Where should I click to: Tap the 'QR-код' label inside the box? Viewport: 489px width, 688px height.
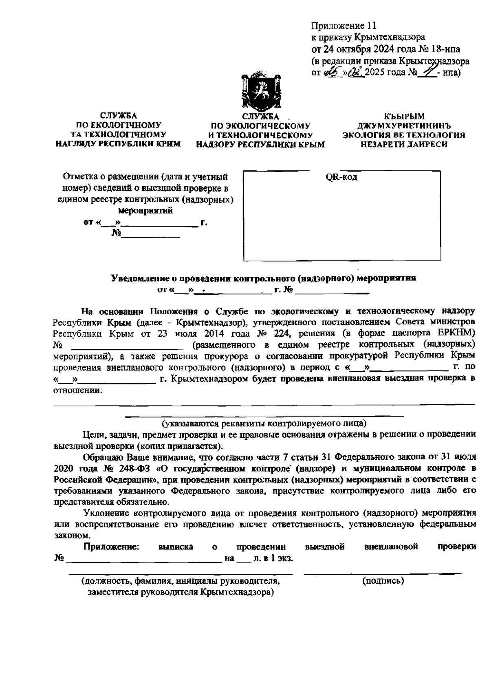(341, 177)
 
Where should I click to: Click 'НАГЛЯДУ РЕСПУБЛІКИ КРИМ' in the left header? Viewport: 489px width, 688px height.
(118, 143)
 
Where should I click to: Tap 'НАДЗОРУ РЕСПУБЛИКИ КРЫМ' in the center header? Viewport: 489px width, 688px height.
(260, 144)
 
